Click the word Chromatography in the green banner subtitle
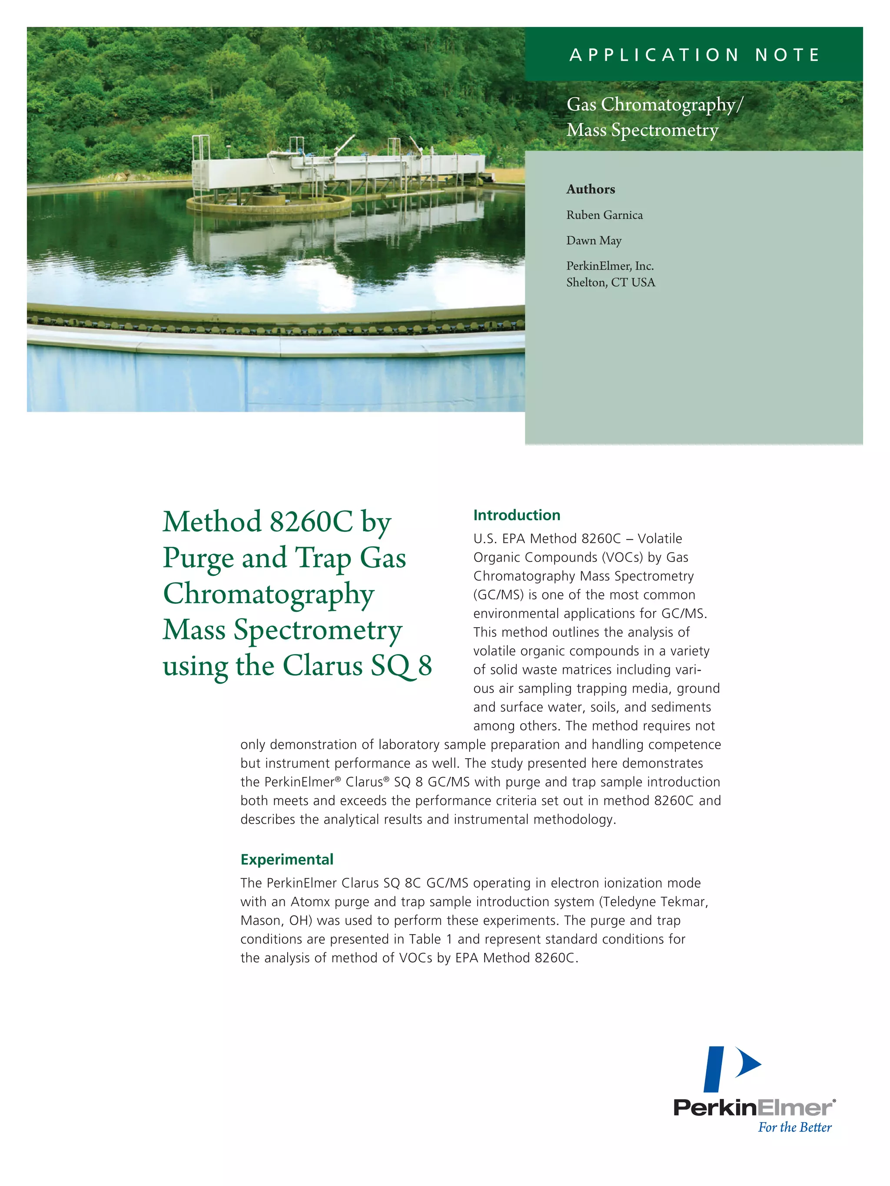click(x=667, y=104)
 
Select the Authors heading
click(x=590, y=189)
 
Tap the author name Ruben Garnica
click(x=604, y=215)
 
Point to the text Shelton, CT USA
click(x=611, y=283)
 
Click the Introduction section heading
click(x=516, y=515)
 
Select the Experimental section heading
click(x=286, y=859)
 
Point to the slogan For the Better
click(x=794, y=1127)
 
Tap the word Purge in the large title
click(x=198, y=558)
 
